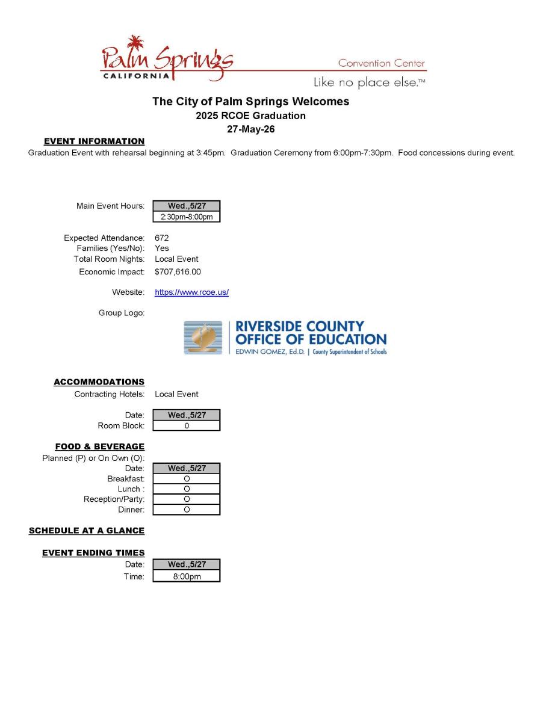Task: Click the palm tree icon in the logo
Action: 136,43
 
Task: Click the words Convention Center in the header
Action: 381,63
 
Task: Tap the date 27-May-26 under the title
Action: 250,129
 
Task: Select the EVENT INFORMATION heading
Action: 94,141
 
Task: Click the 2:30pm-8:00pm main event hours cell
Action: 187,217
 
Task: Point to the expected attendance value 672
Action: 161,238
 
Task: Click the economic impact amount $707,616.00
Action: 178,272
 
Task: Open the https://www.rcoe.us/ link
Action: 191,292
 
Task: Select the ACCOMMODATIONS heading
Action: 99,382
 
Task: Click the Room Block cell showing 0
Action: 187,426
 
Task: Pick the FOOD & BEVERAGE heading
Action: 99,446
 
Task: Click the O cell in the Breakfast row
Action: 187,479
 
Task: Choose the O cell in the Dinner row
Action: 187,510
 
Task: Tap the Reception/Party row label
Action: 114,499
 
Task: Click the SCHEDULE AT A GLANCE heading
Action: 87,531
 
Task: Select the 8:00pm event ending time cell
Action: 187,576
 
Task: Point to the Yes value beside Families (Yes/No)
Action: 162,248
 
